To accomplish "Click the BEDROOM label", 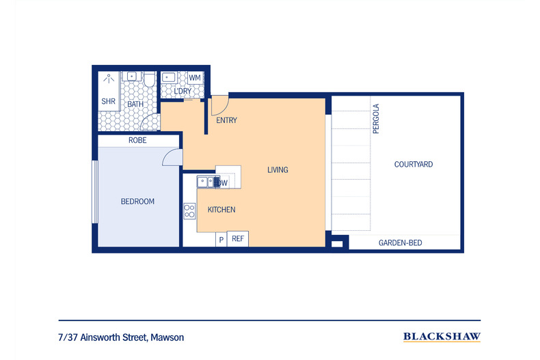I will pyautogui.click(x=137, y=202).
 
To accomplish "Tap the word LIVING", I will pyautogui.click(x=278, y=170).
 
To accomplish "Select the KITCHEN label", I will pyautogui.click(x=221, y=210).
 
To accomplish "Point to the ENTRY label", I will pyautogui.click(x=226, y=121).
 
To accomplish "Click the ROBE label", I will pyautogui.click(x=137, y=141).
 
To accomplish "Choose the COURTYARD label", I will pyautogui.click(x=413, y=165).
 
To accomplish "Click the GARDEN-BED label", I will pyautogui.click(x=400, y=243).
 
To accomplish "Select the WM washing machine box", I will pyautogui.click(x=195, y=78).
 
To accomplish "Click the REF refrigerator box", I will pyautogui.click(x=238, y=239).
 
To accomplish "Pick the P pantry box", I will pyautogui.click(x=221, y=240).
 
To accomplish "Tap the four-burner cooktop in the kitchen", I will pyautogui.click(x=189, y=212).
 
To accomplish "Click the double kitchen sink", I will pyautogui.click(x=204, y=182).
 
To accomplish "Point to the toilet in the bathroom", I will pyautogui.click(x=149, y=80).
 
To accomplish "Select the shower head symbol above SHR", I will pyautogui.click(x=108, y=79).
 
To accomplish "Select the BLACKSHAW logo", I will pyautogui.click(x=442, y=337).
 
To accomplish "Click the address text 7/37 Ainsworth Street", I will pyautogui.click(x=121, y=337).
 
